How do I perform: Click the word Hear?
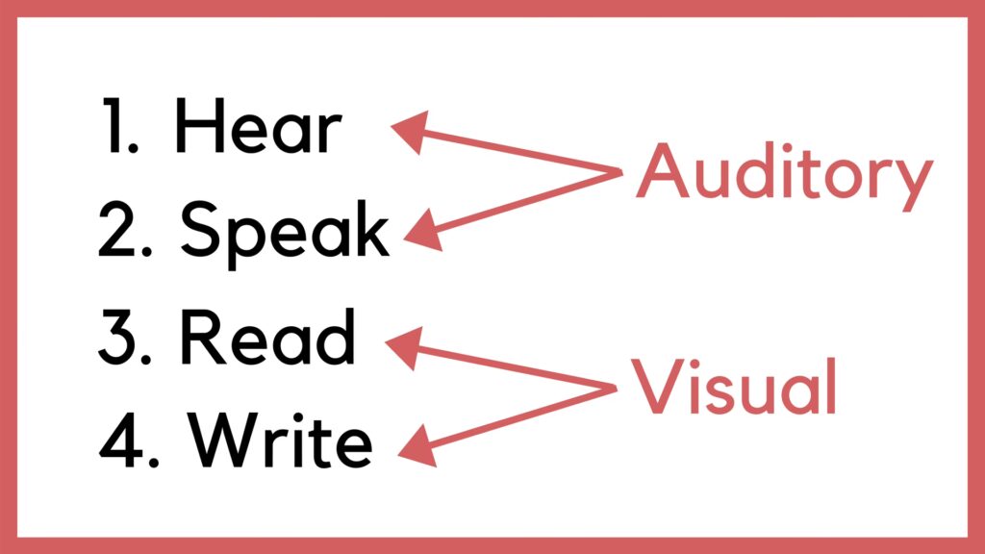coord(257,129)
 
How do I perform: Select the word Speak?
coord(285,232)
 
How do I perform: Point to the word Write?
coord(280,441)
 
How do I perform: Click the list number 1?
coord(118,130)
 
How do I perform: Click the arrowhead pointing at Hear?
coord(408,132)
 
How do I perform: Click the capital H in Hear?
coord(198,129)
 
